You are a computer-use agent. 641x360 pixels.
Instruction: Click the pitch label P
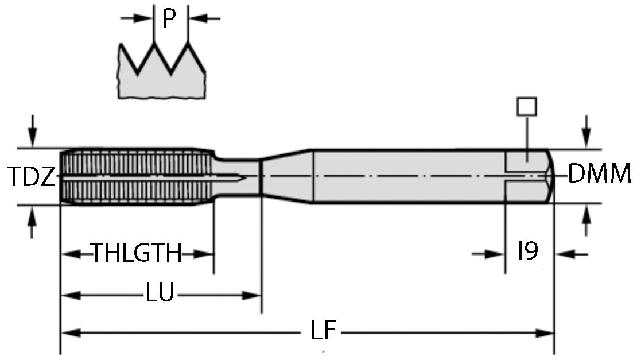click(x=169, y=18)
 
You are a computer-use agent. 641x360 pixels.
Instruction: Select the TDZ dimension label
click(x=31, y=176)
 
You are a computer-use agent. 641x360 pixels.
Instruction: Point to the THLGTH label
click(x=137, y=253)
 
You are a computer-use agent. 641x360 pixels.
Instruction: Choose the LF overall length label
click(x=323, y=332)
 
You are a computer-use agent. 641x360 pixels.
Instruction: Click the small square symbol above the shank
click(x=526, y=107)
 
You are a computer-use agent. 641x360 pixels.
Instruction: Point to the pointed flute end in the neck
click(x=244, y=177)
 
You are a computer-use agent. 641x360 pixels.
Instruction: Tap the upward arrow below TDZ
click(x=33, y=223)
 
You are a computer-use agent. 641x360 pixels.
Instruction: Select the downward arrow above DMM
click(x=586, y=130)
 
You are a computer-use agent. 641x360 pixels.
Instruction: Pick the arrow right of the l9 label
click(x=572, y=253)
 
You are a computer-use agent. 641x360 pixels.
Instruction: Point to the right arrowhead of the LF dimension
click(x=545, y=332)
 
